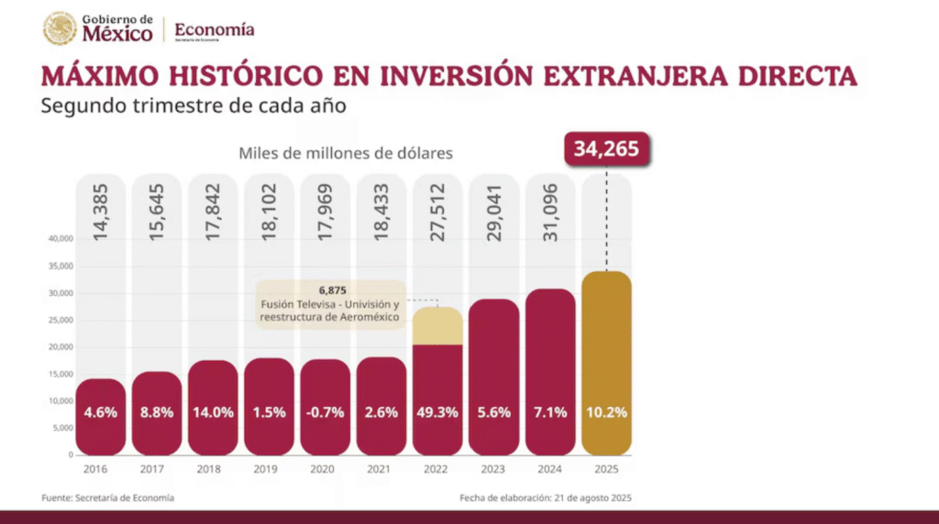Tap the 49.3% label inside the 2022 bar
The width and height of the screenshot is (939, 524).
tap(436, 412)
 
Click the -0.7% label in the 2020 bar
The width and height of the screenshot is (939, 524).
tap(324, 412)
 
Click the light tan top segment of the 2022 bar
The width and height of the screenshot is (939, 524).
tap(436, 326)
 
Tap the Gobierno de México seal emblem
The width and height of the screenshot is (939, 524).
tap(60, 28)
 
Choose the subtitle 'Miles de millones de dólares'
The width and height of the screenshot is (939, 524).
tap(346, 153)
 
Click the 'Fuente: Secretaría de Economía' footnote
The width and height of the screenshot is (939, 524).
tap(107, 497)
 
